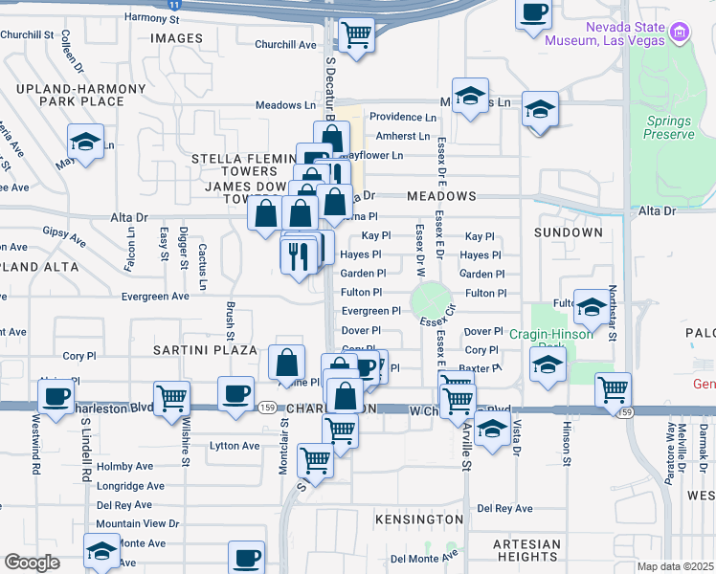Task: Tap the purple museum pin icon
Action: coord(681,33)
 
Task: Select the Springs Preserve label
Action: coord(669,127)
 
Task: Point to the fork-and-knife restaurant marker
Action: coord(298,254)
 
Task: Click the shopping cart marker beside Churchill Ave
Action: coord(357,35)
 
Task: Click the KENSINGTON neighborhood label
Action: coord(417,519)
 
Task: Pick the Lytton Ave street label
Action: coord(235,446)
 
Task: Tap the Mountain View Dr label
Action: coord(137,523)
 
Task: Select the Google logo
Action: coord(33,563)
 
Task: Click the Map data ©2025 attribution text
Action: coord(675,566)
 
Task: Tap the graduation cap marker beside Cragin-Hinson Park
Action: coord(548,365)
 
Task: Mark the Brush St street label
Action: coord(230,320)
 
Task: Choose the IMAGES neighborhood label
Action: coord(177,38)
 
